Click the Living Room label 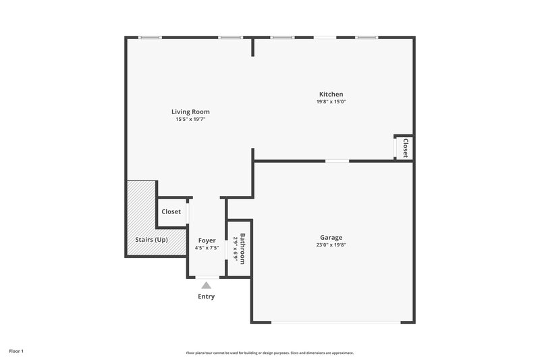pyautogui.click(x=190, y=111)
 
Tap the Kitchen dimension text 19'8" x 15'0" pyautogui.click(x=331, y=102)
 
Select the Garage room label pyautogui.click(x=331, y=237)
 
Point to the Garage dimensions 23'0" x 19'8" pyautogui.click(x=331, y=245)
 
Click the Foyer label pyautogui.click(x=207, y=240)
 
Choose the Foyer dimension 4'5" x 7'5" pyautogui.click(x=207, y=248)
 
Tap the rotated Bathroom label pyautogui.click(x=243, y=249)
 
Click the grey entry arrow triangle pyautogui.click(x=207, y=286)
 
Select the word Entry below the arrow pyautogui.click(x=207, y=297)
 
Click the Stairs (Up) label pyautogui.click(x=152, y=240)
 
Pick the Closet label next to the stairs pyautogui.click(x=171, y=211)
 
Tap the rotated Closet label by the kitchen pyautogui.click(x=405, y=148)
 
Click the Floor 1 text pyautogui.click(x=16, y=351)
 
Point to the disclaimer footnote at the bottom pyautogui.click(x=269, y=353)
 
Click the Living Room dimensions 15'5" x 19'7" pyautogui.click(x=190, y=120)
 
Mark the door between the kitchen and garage pyautogui.click(x=337, y=161)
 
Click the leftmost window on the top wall pyautogui.click(x=150, y=38)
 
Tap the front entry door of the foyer pyautogui.click(x=207, y=277)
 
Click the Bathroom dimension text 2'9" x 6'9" pyautogui.click(x=236, y=249)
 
